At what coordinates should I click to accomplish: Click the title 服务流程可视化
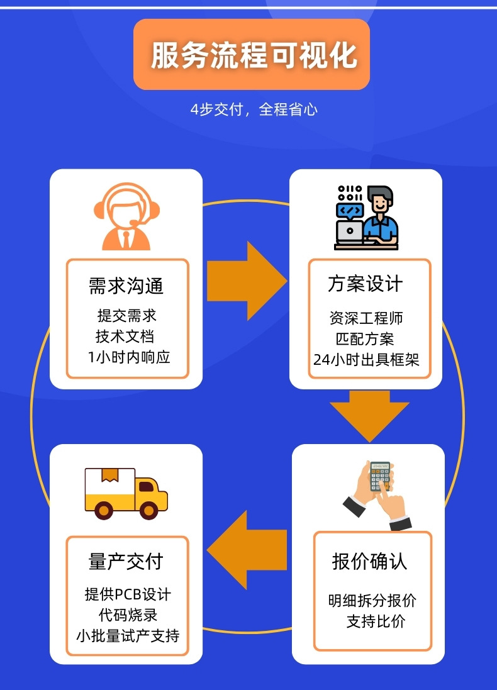point(252,55)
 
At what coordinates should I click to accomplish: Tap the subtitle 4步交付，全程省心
point(254,109)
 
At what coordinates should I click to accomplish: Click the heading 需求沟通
point(126,286)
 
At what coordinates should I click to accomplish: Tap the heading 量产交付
point(126,561)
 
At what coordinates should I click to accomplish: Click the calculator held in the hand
point(381,477)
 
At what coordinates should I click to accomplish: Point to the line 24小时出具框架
point(366,360)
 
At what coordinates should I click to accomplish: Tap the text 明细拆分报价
point(372,601)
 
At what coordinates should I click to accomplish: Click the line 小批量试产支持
point(128,635)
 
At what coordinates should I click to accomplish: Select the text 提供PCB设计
point(128,594)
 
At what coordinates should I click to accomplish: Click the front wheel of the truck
point(148,509)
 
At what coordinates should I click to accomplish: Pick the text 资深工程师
point(366,318)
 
